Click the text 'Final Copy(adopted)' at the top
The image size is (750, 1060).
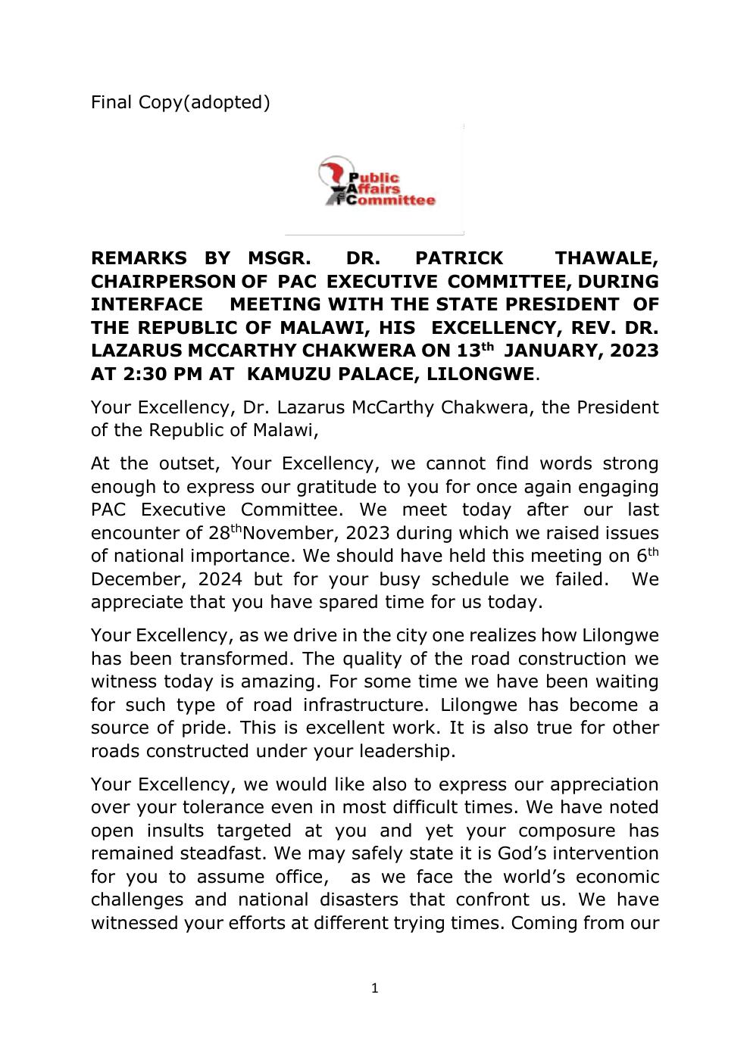pos(180,102)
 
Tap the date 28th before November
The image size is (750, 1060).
pos(224,532)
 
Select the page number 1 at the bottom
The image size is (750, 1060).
pos(374,988)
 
